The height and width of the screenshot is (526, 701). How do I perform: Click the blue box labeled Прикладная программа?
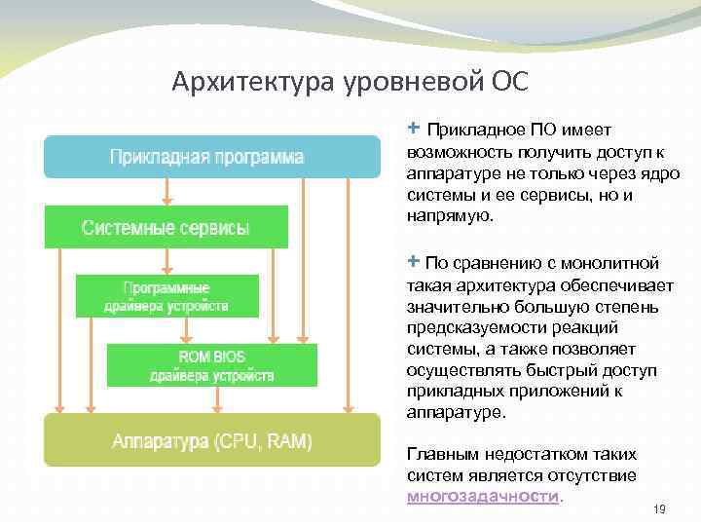click(210, 156)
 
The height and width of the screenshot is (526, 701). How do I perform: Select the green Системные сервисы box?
click(166, 228)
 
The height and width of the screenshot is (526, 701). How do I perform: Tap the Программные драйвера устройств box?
click(166, 296)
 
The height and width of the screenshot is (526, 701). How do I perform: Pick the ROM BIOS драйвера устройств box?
click(211, 364)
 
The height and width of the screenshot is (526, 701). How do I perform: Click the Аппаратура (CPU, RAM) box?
click(211, 441)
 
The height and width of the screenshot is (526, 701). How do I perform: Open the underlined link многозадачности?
click(484, 496)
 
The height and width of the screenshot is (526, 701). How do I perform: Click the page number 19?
click(658, 508)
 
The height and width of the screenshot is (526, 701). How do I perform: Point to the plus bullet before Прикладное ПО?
click(414, 129)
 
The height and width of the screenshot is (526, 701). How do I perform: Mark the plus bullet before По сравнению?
click(414, 262)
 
